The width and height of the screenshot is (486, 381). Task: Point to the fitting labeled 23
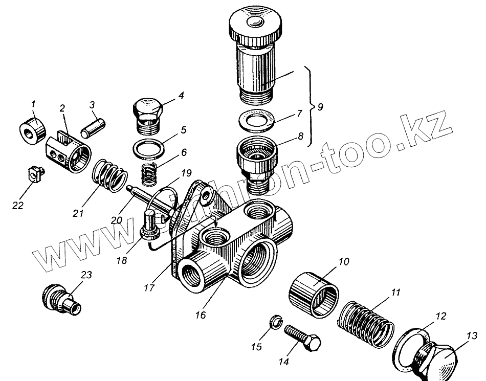[x=60, y=300]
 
